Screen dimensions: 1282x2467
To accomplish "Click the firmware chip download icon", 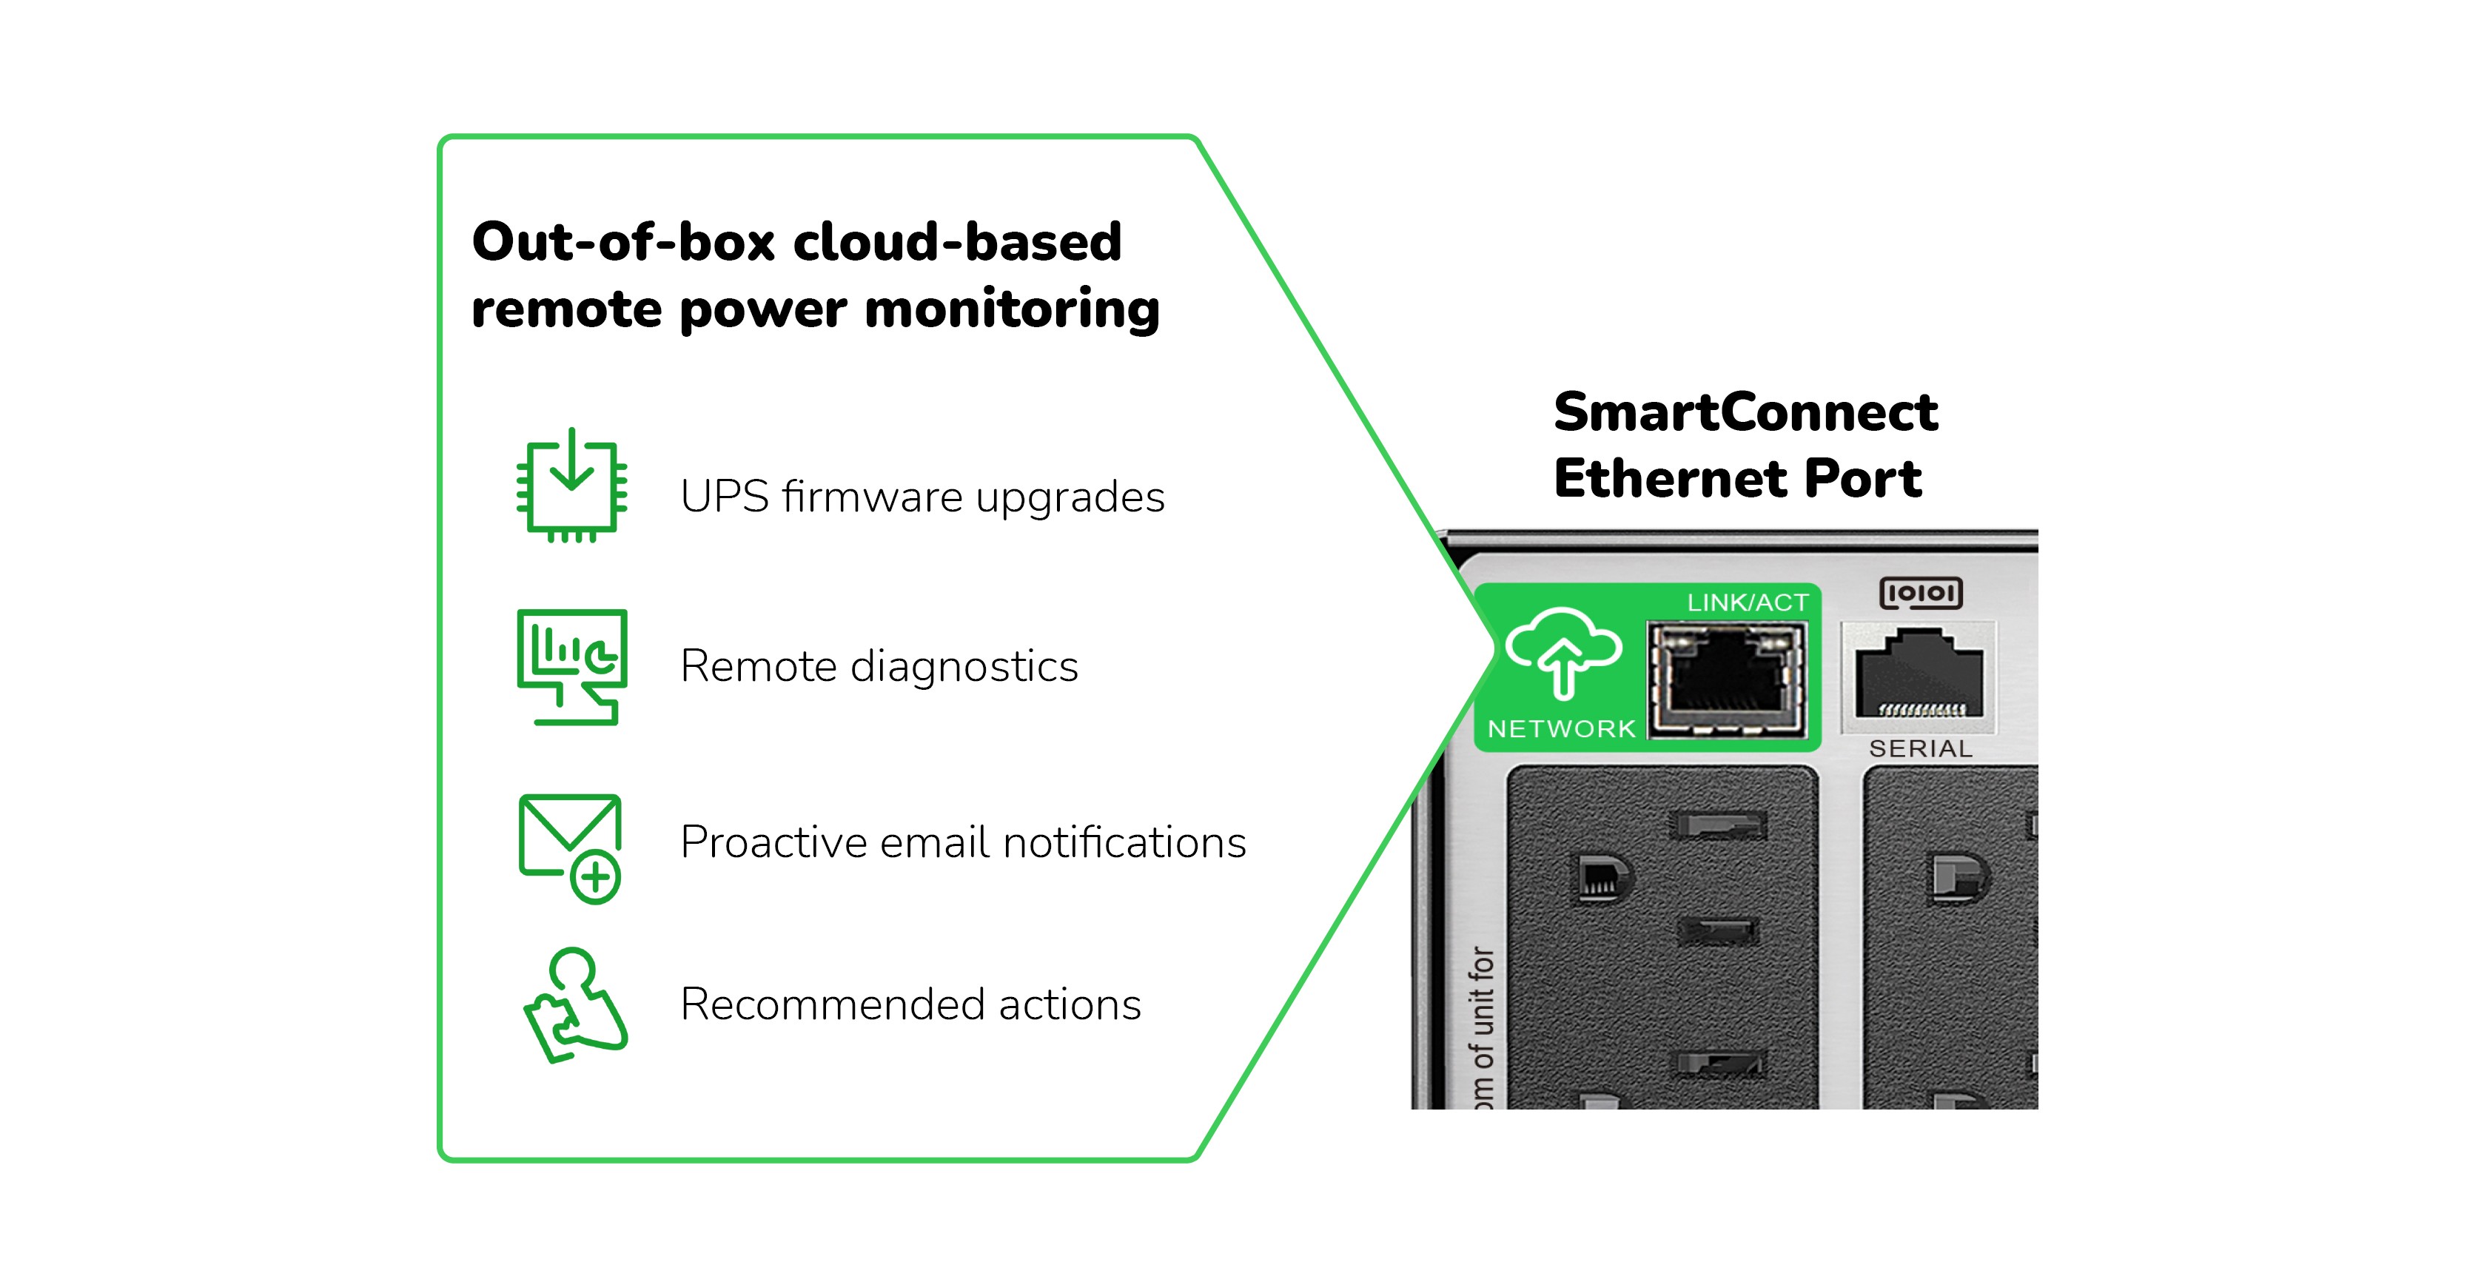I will pyautogui.click(x=571, y=486).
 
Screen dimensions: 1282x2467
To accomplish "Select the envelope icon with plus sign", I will pyautogui.click(x=571, y=848).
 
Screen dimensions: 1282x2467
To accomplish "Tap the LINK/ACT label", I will pyautogui.click(x=1747, y=603).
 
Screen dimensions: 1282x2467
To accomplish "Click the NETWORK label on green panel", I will pyautogui.click(x=1561, y=728).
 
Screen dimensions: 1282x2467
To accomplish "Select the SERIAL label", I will pyautogui.click(x=1920, y=749).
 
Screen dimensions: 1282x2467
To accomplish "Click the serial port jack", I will pyautogui.click(x=1919, y=675).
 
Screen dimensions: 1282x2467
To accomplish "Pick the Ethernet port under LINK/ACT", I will pyautogui.click(x=1726, y=679).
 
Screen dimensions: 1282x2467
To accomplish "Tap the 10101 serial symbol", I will pyautogui.click(x=1920, y=594).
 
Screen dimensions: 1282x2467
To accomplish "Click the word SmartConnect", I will pyautogui.click(x=1745, y=412).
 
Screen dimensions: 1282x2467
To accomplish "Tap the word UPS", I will pyautogui.click(x=724, y=497).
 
